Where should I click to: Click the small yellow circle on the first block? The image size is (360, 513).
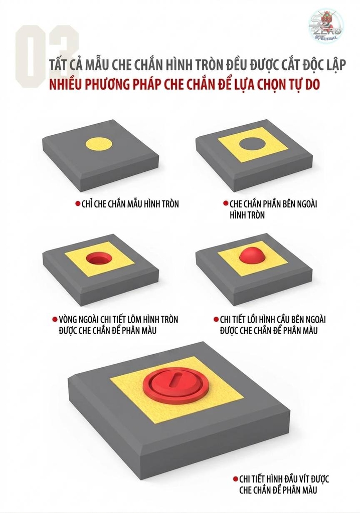click(x=99, y=144)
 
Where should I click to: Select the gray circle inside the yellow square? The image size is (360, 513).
click(x=253, y=144)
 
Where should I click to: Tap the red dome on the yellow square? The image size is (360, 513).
click(x=252, y=255)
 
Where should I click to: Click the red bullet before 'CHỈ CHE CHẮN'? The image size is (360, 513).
click(x=78, y=203)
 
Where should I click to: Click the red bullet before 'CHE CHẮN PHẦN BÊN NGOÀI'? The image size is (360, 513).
click(x=226, y=203)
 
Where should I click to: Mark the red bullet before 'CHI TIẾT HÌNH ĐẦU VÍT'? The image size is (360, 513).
click(x=235, y=479)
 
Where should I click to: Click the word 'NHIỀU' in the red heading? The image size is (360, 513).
click(x=66, y=84)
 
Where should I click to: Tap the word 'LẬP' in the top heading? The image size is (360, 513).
click(x=335, y=65)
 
